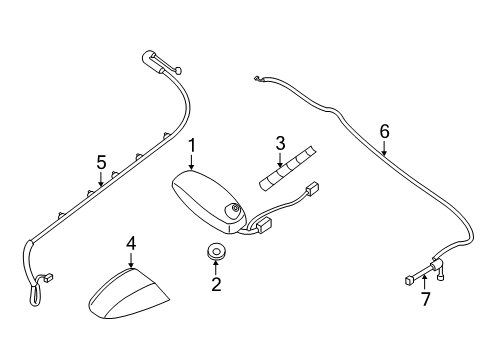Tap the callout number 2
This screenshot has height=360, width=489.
coord(214,286)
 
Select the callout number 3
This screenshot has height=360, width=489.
coord(281,145)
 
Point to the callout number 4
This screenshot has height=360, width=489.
coord(130,244)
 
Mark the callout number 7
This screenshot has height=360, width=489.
coord(425,299)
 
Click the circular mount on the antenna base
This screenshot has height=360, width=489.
coord(235,210)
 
